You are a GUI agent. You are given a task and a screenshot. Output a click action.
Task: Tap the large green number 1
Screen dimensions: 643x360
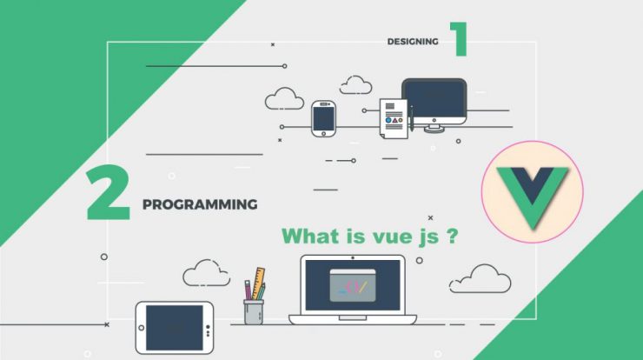461,39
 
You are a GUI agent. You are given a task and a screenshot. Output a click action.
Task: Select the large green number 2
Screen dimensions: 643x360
108,192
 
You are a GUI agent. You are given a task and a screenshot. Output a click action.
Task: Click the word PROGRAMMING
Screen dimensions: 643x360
200,204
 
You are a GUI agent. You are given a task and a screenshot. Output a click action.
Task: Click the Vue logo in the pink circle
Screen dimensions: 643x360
533,197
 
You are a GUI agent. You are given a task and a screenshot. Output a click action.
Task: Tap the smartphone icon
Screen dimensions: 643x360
323,118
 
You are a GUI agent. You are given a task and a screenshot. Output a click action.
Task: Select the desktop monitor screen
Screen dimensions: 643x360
434,99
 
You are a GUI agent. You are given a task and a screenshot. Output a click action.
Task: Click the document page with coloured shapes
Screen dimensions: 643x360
394,118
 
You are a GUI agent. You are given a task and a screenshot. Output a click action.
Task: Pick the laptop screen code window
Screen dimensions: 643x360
353,285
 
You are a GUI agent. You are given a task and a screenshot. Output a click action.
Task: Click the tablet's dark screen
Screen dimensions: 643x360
175,328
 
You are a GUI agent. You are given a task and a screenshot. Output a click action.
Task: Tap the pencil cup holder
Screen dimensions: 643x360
254,312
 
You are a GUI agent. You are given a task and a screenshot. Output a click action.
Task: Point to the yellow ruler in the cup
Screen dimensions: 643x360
258,283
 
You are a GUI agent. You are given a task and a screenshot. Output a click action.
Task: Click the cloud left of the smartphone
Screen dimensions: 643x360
284,99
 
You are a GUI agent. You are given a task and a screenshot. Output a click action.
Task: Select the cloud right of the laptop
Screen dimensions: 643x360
481,279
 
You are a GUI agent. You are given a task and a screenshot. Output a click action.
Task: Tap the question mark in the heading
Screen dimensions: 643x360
452,236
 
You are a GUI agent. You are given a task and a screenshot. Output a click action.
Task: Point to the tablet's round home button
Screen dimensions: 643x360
141,328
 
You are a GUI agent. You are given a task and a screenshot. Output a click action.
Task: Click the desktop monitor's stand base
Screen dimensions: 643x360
434,130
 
